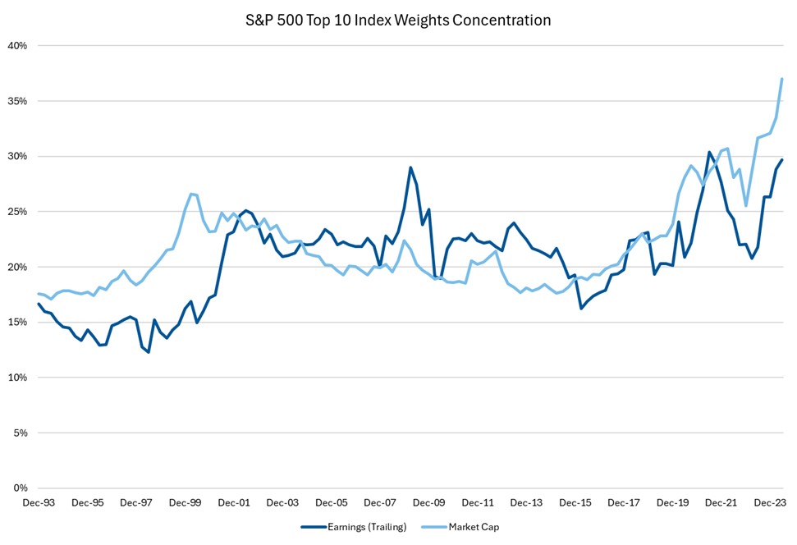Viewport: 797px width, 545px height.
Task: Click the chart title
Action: tap(398, 20)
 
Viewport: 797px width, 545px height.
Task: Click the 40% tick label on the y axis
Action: tap(19, 46)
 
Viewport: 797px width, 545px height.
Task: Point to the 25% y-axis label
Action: tap(19, 212)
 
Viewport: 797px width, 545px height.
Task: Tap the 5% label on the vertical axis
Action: tap(21, 433)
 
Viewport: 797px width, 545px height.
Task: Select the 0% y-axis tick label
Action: tap(21, 488)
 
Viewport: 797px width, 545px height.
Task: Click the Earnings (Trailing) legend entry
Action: tap(354, 528)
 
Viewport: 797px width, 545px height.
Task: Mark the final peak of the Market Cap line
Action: tap(782, 79)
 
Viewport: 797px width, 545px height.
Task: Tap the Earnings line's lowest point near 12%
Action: tap(149, 352)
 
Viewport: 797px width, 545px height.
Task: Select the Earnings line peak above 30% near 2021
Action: tap(709, 152)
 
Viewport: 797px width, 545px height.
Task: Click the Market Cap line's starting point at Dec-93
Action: tap(39, 294)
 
